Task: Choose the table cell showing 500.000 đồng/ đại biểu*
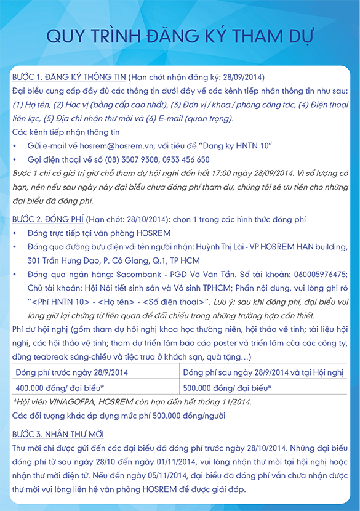click(x=227, y=388)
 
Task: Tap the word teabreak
click(x=45, y=357)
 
